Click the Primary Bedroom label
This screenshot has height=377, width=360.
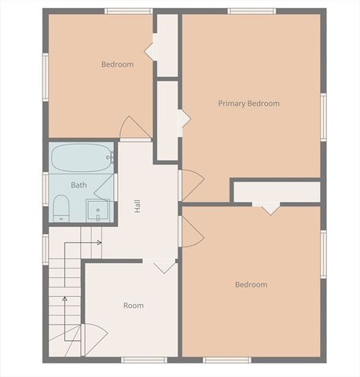point(248,104)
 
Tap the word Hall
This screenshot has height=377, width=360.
point(138,206)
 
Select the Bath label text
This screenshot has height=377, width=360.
point(79,185)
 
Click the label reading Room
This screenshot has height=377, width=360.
point(133,306)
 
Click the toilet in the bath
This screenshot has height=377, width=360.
point(61,209)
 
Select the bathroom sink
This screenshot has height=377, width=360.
point(97,210)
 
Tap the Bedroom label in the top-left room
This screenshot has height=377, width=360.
point(117,64)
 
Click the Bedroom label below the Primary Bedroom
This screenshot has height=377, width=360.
point(251,284)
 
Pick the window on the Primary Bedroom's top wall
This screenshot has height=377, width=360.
point(252,11)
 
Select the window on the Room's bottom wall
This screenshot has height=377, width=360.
point(144,360)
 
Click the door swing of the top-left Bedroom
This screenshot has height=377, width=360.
point(135,128)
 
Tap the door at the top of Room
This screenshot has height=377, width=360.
point(164,266)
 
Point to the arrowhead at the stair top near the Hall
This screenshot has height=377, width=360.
point(98,243)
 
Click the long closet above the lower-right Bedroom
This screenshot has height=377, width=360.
point(277,192)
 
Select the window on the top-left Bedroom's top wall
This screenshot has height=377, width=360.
point(128,11)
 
